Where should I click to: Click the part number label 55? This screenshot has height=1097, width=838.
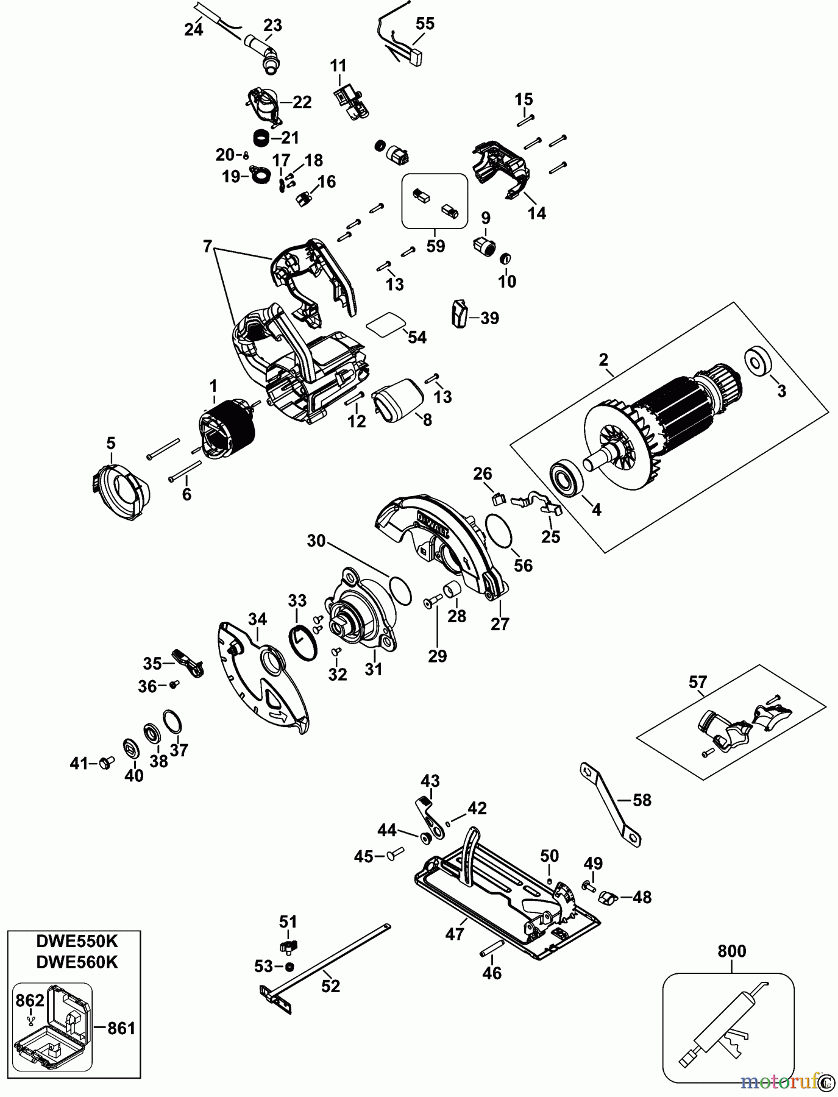425,24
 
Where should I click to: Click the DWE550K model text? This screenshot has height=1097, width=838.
77,940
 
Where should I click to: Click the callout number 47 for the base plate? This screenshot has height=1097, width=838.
455,934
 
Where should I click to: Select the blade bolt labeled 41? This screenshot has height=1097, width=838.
103,762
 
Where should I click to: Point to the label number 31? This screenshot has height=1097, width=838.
373,669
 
